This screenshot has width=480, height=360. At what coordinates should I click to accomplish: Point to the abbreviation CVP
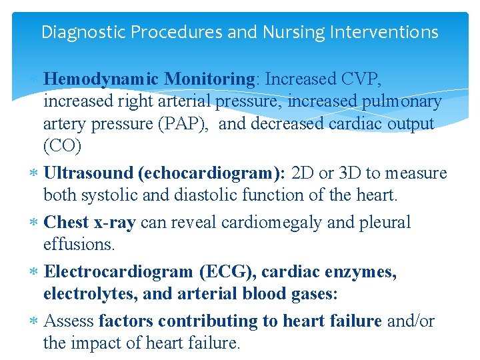tap(360, 79)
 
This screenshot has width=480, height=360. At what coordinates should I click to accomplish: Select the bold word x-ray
tap(113, 223)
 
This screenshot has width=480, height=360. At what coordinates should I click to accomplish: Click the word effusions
tap(79, 245)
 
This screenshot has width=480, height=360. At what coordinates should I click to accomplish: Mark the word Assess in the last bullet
tap(68, 321)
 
